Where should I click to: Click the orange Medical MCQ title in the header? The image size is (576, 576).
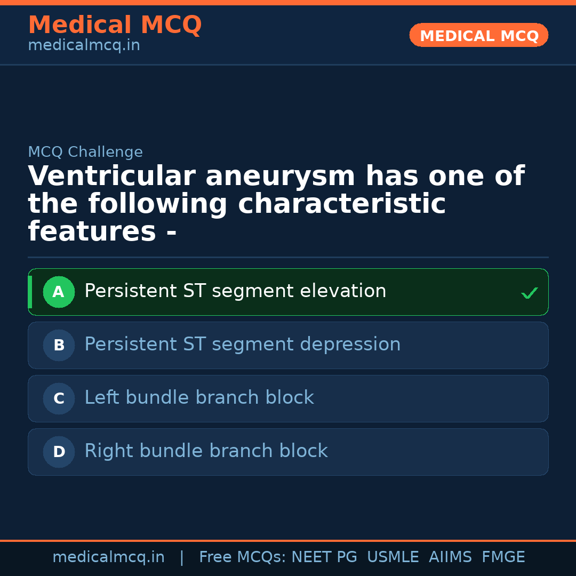(x=115, y=25)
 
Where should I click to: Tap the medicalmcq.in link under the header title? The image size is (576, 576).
(x=84, y=46)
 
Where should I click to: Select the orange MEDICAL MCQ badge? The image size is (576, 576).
(x=478, y=36)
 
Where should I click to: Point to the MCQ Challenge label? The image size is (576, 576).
(x=85, y=152)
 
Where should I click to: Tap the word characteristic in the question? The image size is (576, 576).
(x=267, y=204)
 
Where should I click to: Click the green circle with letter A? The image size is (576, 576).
(x=59, y=292)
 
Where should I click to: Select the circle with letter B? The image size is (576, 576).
(x=59, y=345)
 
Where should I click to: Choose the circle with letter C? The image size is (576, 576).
(x=59, y=398)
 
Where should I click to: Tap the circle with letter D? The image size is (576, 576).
(x=59, y=452)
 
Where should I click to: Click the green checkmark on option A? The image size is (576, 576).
(x=529, y=293)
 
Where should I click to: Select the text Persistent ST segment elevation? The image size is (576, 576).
(x=235, y=291)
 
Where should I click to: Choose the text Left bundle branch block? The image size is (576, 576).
(x=199, y=398)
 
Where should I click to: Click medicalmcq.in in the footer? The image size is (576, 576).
(x=108, y=557)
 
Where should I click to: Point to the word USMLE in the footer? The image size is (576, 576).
(x=393, y=557)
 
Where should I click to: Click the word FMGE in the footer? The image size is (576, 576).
(x=503, y=557)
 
